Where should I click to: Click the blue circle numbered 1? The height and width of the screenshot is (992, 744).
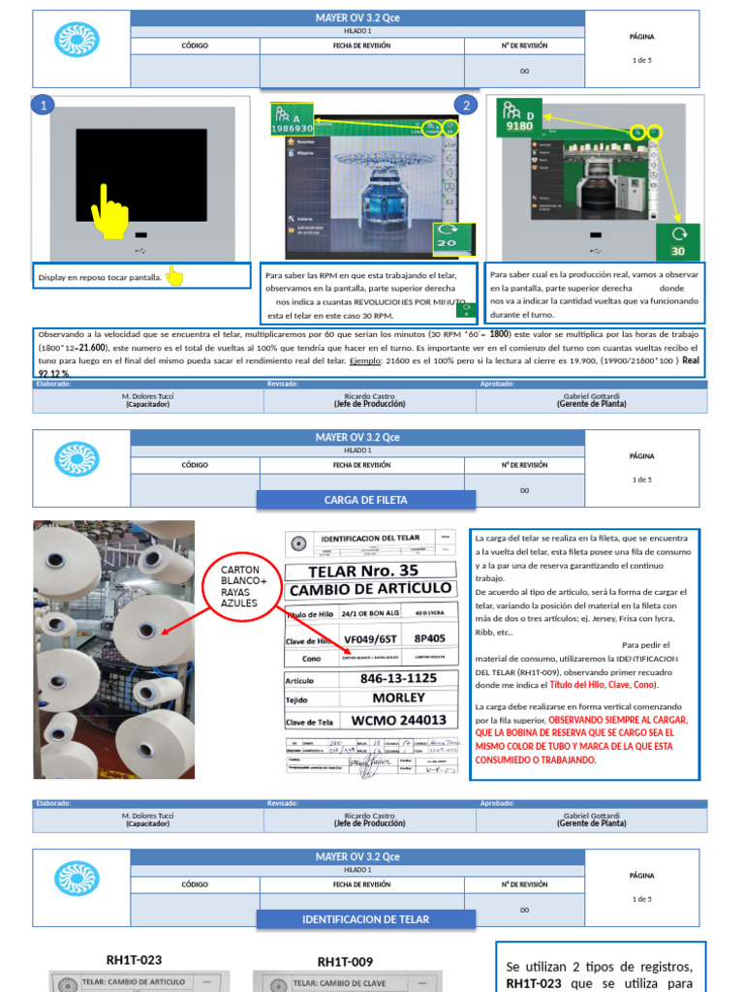point(43,106)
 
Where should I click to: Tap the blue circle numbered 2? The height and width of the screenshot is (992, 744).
point(466,106)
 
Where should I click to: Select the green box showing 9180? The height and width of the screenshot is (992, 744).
point(517,117)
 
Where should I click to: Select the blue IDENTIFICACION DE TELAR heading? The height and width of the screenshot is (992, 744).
point(365,918)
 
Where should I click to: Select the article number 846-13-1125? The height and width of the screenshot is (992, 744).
point(398,678)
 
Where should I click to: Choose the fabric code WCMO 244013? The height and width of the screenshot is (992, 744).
point(398,720)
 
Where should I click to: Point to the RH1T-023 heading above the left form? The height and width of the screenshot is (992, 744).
point(133,960)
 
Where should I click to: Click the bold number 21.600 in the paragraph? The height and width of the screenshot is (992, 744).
point(93,346)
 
